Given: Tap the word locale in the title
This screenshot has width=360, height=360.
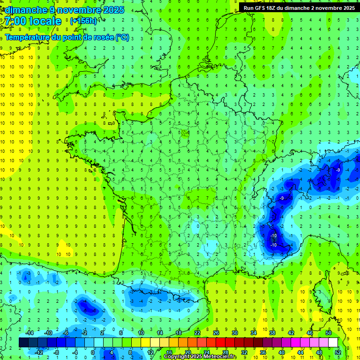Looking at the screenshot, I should [45, 21].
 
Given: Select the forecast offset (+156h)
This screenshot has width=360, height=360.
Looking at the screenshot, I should [83, 21].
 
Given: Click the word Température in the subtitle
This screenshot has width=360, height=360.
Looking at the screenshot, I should [28, 37].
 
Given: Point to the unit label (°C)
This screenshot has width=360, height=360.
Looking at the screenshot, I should [122, 37].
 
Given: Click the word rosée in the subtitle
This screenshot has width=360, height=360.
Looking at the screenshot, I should [102, 37].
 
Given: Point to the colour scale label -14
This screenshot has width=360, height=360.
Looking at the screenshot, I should [29, 333].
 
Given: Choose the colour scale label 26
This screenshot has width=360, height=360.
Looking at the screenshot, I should [216, 333].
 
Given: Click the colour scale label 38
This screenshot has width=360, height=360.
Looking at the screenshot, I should [272, 333].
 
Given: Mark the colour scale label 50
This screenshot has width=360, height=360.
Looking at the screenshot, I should [329, 333].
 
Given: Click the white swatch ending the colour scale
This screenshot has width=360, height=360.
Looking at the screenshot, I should [333, 343].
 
